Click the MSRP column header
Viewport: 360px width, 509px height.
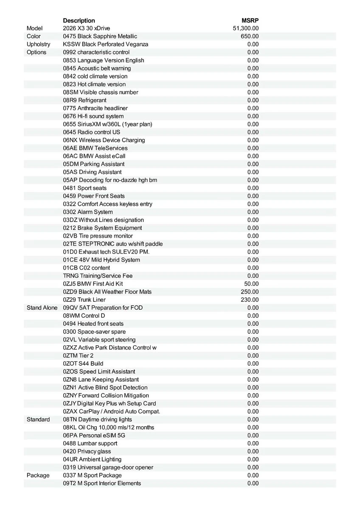250,20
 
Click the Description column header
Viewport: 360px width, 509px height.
79,20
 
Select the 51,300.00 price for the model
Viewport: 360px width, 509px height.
246,28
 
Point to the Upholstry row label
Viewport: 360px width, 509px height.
38,44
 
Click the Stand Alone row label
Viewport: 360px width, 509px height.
42,308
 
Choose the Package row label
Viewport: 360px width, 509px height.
38,475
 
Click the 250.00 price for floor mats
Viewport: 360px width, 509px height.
250,292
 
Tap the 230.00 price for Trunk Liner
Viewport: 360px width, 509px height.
250,300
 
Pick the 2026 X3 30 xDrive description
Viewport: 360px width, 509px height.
86,28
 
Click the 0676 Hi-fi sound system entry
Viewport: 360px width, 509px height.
93,116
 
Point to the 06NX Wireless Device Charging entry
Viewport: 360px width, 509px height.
104,140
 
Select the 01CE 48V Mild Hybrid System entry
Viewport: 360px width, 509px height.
101,260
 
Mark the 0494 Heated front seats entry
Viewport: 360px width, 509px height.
93,324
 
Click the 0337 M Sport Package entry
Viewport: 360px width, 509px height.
92,475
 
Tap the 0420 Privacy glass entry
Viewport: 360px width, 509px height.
87,451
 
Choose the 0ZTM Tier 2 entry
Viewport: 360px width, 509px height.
78,355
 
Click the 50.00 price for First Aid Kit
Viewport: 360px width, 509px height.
251,284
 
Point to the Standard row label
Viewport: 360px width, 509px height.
38,420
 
